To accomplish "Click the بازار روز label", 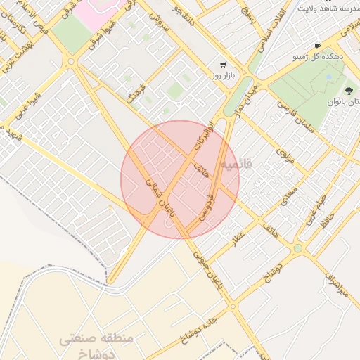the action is pyautogui.click(x=224, y=74).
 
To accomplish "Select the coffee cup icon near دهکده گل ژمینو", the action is pyautogui.click(x=317, y=45).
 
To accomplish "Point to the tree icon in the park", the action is pyautogui.click(x=349, y=90).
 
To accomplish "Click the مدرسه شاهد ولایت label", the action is pyautogui.click(x=330, y=8).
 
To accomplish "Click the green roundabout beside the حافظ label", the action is pyautogui.click(x=298, y=248).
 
